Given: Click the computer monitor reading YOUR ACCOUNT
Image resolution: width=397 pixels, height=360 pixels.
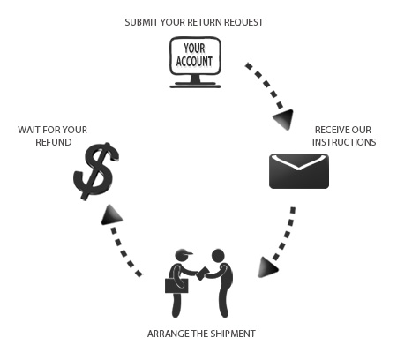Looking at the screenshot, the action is coord(195,62).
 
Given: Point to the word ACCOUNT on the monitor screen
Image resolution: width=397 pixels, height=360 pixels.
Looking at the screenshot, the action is coord(194,62).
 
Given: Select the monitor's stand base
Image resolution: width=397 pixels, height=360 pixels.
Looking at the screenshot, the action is coord(195,86).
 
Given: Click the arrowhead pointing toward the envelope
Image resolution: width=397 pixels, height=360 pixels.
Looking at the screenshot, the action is coord(284,119).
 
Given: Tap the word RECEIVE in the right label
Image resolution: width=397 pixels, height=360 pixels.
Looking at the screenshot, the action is coord(329,130).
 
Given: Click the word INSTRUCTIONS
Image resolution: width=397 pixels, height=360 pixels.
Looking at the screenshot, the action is coord(344,142).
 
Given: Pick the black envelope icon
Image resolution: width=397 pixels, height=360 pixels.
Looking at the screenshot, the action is coord(299,171).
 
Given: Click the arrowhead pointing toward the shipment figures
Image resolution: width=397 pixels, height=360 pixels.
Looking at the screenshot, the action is coord(267,267).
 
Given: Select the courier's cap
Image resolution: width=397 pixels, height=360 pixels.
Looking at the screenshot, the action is coord(184,252).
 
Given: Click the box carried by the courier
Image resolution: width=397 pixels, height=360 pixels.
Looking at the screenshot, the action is coord(176,285).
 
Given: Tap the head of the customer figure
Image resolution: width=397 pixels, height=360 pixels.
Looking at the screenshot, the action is coord(218,256).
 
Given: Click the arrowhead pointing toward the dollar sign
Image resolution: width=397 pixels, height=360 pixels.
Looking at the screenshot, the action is coord(110,215).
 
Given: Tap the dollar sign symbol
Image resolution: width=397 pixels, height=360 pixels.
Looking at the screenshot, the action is coord(96,171).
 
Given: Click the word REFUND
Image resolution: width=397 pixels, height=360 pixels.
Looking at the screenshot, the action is coord(54,142).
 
